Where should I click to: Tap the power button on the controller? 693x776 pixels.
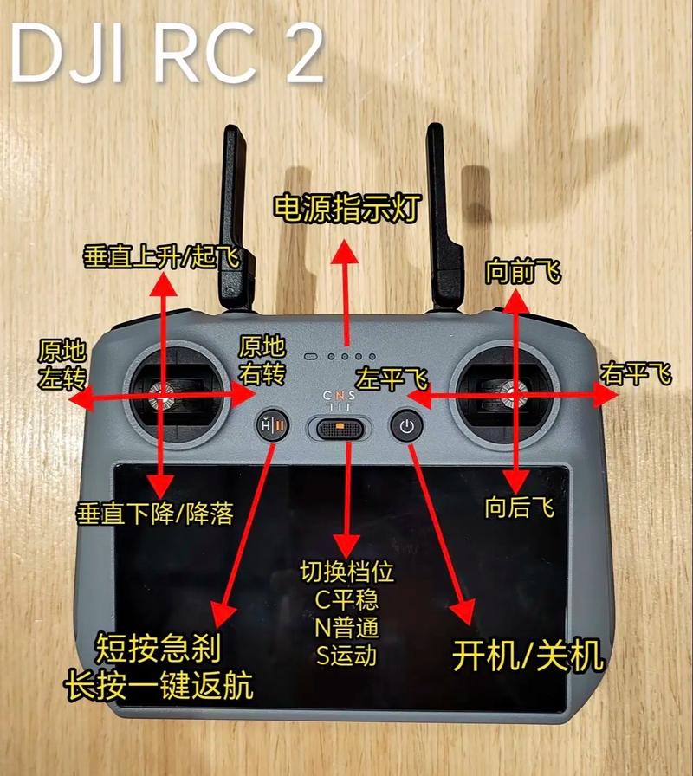pyautogui.click(x=408, y=426)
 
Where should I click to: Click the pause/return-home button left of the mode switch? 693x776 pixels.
pyautogui.click(x=269, y=427)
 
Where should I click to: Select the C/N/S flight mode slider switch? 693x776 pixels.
pyautogui.click(x=340, y=427)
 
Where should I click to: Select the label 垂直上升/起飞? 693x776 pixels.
pyautogui.click(x=160, y=256)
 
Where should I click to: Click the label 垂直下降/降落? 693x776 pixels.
pyautogui.click(x=156, y=514)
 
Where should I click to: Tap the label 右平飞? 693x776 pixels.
pyautogui.click(x=637, y=374)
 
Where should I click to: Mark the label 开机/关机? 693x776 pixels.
pyautogui.click(x=528, y=657)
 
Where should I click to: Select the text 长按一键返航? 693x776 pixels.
pyautogui.click(x=159, y=687)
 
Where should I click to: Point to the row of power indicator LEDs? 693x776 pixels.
pyautogui.click(x=339, y=356)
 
